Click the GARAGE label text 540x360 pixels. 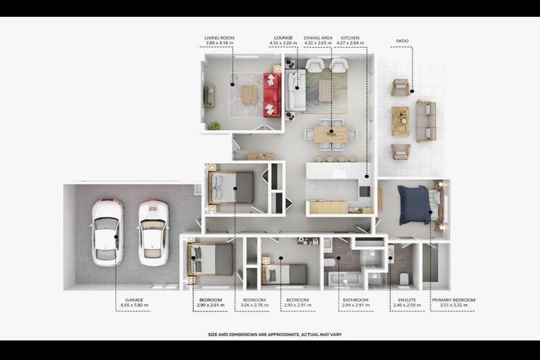point(133,300)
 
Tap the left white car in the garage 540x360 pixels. point(107,232)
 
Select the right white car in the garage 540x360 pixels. point(153,233)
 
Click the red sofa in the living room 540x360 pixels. point(271,95)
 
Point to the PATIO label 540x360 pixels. point(402,41)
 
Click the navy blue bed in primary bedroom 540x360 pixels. point(414,205)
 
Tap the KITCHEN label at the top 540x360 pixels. point(351,37)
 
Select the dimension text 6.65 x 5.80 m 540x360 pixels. point(133,305)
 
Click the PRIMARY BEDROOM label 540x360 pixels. point(453,300)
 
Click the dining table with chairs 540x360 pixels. point(330,134)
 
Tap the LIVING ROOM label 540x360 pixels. point(219,37)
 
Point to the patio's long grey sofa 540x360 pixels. point(425,120)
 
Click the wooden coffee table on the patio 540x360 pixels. point(400,121)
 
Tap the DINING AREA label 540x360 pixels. point(318,37)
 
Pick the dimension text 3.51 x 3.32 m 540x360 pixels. point(453,305)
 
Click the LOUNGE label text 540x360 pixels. point(283,37)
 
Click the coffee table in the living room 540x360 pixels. point(249,94)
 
